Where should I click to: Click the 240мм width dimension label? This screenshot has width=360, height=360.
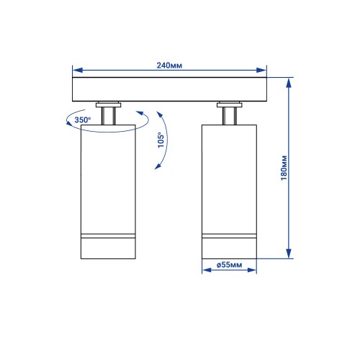(169, 66)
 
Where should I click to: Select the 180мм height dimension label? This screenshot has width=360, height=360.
(284, 168)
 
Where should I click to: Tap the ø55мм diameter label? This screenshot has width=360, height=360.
(229, 265)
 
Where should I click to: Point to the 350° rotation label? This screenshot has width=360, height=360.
(83, 120)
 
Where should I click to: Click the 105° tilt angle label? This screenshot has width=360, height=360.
(161, 140)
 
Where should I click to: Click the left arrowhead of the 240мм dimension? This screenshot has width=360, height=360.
(77, 70)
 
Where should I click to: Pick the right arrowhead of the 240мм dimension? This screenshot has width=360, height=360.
(261, 70)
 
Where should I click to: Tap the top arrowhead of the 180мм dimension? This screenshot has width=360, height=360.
(289, 83)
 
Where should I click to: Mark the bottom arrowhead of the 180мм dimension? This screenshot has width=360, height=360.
(289, 253)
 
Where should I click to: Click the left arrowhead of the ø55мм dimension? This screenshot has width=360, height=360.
(207, 270)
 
